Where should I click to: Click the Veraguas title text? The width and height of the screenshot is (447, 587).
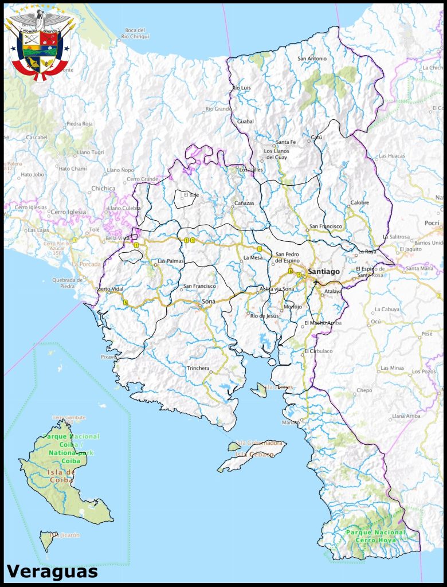[52, 571]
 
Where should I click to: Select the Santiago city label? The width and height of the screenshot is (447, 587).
[323, 271]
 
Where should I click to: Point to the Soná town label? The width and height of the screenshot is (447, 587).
[209, 301]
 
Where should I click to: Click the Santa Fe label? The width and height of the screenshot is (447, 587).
[285, 142]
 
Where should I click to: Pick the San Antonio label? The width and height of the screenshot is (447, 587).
[312, 58]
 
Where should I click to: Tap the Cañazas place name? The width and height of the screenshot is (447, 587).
[244, 204]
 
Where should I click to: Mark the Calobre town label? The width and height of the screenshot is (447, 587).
[359, 202]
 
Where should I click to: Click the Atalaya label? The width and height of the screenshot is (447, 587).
[332, 291]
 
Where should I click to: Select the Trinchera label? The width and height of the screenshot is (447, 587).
[198, 368]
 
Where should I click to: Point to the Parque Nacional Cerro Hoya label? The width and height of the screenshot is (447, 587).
[375, 536]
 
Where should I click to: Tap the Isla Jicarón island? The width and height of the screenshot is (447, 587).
[48, 539]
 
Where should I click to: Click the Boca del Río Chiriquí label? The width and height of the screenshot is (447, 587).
[135, 33]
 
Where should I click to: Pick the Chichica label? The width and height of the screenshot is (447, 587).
[103, 188]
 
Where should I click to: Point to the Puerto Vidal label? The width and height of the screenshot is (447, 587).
[110, 289]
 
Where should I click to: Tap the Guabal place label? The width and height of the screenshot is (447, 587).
[245, 122]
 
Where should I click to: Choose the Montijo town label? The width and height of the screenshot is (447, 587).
[292, 307]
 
